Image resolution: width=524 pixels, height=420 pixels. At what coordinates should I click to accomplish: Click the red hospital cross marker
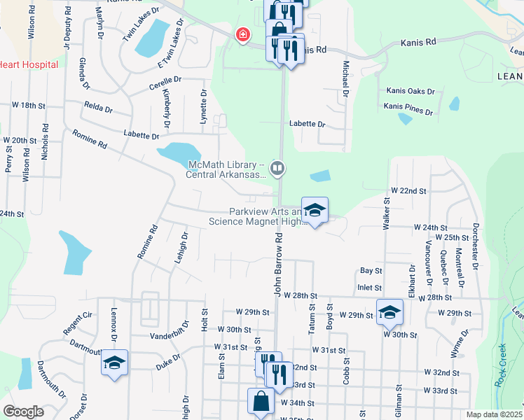pos(243,34)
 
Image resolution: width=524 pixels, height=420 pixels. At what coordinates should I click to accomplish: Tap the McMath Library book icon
pos(277,167)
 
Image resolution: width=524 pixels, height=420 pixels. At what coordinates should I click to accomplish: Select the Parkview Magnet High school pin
pos(315,211)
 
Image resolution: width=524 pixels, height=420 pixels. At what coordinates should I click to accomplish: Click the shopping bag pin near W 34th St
pos(261,402)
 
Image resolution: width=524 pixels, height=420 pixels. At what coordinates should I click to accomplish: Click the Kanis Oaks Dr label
pos(411,92)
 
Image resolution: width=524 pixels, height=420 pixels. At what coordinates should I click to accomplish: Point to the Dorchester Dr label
pos(476,246)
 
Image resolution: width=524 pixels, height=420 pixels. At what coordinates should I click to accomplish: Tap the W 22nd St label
pos(409,190)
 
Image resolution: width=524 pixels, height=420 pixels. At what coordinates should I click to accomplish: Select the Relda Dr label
pos(98,108)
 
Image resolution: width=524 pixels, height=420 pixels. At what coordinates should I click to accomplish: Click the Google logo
pos(23,412)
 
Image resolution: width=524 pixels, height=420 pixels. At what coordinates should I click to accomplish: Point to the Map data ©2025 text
pos(494,414)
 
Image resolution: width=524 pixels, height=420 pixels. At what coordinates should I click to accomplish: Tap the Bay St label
pos(371,270)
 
